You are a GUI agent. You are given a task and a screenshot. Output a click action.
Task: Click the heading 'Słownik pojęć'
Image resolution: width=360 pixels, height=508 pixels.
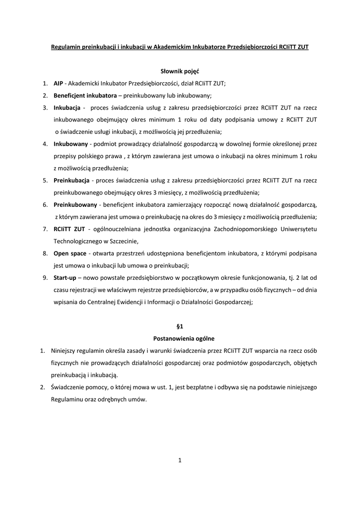coord(180,71)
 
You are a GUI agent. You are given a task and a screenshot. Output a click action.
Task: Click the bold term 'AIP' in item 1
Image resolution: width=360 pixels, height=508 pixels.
coord(59,83)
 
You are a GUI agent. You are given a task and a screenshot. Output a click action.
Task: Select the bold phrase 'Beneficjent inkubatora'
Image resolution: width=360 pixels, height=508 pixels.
coord(81,95)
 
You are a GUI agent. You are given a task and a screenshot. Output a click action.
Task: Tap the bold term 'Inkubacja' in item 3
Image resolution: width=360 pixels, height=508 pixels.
coord(68,108)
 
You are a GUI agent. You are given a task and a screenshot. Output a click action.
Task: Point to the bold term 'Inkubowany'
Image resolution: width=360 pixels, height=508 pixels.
coord(71,144)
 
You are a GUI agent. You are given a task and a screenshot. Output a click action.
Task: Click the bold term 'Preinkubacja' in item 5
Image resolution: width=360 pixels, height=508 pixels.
coord(72,180)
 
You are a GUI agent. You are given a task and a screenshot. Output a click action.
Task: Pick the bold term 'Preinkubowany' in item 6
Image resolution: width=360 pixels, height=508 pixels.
coord(75,204)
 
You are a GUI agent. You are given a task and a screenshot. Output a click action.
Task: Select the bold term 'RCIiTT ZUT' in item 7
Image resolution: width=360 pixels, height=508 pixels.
coord(69,229)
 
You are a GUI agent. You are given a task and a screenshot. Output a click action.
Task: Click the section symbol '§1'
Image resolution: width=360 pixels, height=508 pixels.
coord(180,327)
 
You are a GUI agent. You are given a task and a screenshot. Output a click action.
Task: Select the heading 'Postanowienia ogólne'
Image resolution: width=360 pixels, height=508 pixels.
coord(180,339)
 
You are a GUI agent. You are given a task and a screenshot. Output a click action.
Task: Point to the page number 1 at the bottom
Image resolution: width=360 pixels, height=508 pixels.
coord(180,460)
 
